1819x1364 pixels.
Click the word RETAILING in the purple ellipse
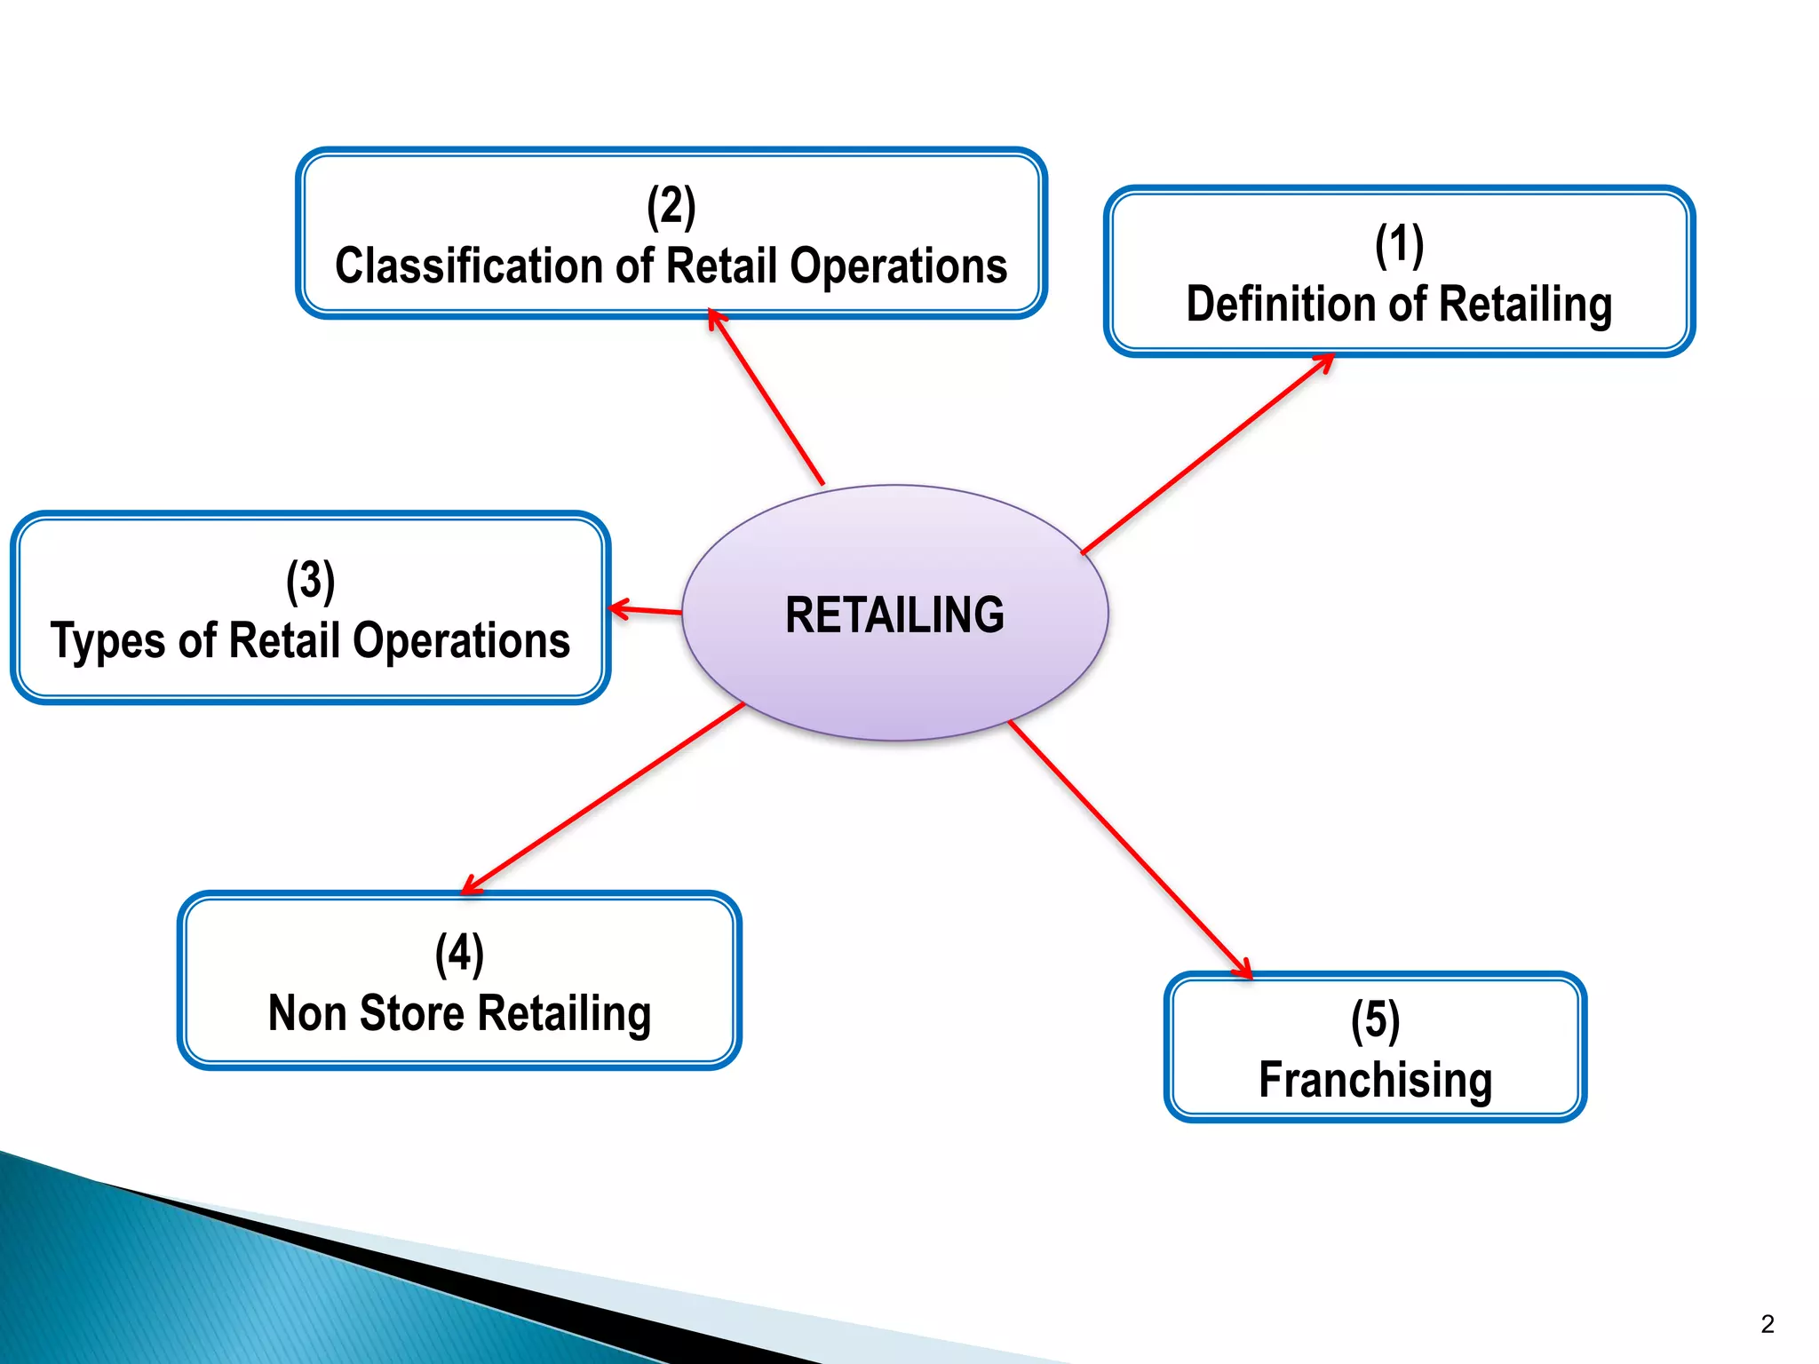pyautogui.click(x=894, y=615)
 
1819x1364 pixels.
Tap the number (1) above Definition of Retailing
pyautogui.click(x=1399, y=245)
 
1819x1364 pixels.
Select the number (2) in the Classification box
pyautogui.click(x=671, y=207)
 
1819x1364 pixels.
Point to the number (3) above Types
pyautogui.click(x=310, y=581)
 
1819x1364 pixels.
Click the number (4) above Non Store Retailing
pyautogui.click(x=459, y=954)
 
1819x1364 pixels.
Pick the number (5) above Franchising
pyautogui.click(x=1375, y=1020)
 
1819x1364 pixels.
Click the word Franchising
pyautogui.click(x=1375, y=1080)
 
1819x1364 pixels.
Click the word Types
pyautogui.click(x=107, y=641)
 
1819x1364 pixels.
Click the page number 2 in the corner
pyautogui.click(x=1767, y=1324)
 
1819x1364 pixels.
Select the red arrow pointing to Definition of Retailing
pyautogui.click(x=1208, y=453)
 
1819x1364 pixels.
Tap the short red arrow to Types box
pyautogui.click(x=647, y=610)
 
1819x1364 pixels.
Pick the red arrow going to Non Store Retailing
pyautogui.click(x=604, y=797)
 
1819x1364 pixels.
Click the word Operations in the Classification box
pyautogui.click(x=898, y=266)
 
